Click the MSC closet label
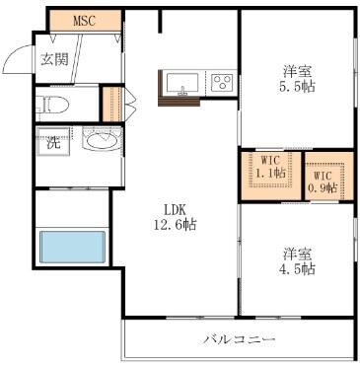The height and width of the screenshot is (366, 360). click(x=84, y=21)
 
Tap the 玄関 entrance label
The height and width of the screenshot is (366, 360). click(x=54, y=59)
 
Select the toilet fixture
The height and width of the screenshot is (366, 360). click(x=52, y=105)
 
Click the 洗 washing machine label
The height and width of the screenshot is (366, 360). click(x=53, y=143)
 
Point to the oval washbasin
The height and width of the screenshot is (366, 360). click(x=102, y=142)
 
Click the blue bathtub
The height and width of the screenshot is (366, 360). click(x=73, y=247)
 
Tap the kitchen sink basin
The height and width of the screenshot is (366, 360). click(x=182, y=83)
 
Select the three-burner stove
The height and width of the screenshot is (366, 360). click(x=222, y=82)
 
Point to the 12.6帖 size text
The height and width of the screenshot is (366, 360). click(x=176, y=224)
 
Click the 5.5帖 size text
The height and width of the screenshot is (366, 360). click(x=297, y=87)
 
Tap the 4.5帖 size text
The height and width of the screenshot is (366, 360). click(x=297, y=269)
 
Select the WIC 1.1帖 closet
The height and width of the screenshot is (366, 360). click(x=271, y=176)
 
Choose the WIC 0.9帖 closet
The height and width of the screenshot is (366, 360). click(x=329, y=176)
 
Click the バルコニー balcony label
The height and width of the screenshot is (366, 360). click(x=239, y=339)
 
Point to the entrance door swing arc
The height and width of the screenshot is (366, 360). click(x=13, y=53)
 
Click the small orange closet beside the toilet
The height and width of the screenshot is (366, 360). click(x=112, y=104)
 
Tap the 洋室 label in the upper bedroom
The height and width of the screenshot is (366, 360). click(x=297, y=71)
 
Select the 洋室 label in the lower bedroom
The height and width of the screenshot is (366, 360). click(x=297, y=254)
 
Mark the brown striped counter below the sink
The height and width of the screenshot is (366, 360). click(x=180, y=102)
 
